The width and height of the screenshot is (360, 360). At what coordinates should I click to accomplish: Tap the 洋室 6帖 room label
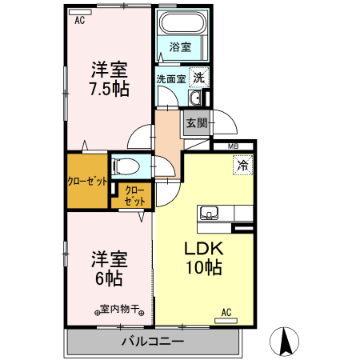(106, 270)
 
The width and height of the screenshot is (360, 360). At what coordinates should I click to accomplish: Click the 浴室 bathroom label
(180, 47)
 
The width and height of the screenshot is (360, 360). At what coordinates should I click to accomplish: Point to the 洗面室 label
(170, 79)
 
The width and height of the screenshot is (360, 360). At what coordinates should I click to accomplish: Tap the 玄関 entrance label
(196, 123)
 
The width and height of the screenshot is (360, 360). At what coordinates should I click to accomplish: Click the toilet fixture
(126, 167)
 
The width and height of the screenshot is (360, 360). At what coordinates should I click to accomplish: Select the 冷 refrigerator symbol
(241, 166)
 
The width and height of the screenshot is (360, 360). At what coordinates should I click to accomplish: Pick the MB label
(234, 146)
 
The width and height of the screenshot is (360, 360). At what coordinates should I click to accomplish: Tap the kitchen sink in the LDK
(210, 213)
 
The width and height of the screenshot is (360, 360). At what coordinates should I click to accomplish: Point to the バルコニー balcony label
(153, 342)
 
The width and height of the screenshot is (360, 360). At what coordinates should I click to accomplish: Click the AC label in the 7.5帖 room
(79, 22)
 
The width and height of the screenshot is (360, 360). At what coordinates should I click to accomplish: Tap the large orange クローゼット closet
(86, 180)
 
